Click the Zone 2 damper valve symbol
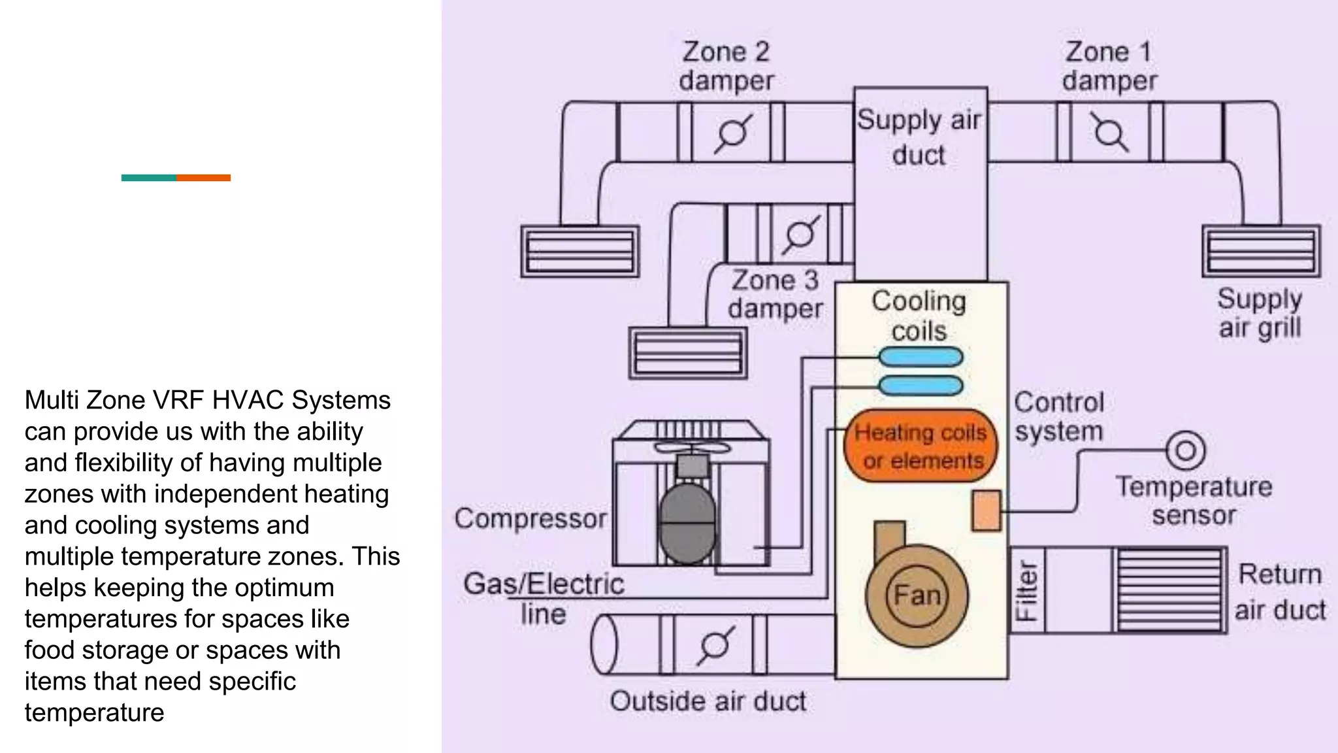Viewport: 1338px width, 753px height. pyautogui.click(x=732, y=133)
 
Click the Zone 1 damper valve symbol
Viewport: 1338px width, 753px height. pyautogui.click(x=1109, y=133)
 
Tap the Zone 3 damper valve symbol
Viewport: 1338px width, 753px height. pyautogui.click(x=800, y=234)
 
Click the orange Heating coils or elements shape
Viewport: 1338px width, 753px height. pyautogui.click(x=921, y=446)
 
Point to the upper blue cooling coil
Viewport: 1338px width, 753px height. pyautogui.click(x=921, y=357)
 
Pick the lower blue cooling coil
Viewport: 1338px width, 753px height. pyautogui.click(x=921, y=386)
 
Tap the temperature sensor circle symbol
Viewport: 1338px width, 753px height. pyautogui.click(x=1185, y=450)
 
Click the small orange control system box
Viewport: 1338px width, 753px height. pyautogui.click(x=987, y=510)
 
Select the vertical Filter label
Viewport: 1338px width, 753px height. pyautogui.click(x=1026, y=591)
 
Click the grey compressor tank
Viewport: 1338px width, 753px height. pyautogui.click(x=687, y=523)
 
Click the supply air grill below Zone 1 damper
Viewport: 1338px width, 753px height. pyautogui.click(x=1261, y=252)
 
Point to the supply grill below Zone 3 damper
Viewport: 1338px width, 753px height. pyautogui.click(x=687, y=353)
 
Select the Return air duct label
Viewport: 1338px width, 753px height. pyautogui.click(x=1279, y=592)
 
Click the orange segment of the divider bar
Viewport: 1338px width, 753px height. pyautogui.click(x=203, y=178)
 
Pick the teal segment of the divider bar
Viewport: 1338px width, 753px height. pyautogui.click(x=148, y=178)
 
